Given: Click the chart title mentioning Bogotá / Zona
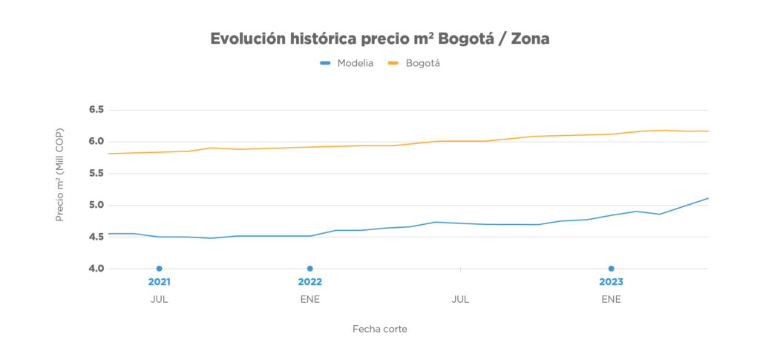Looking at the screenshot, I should pos(380,39).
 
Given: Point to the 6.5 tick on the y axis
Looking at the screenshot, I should pos(96,110).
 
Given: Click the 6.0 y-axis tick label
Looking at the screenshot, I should pos(96,142).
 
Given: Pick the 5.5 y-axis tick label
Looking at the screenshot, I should pos(96,174).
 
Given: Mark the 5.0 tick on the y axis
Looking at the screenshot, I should pos(96,206).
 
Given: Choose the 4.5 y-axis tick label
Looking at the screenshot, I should pos(96,238).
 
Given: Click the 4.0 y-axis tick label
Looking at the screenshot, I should pos(96,269).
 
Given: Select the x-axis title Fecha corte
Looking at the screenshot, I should pos(380,329).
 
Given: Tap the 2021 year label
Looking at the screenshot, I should pos(159,282).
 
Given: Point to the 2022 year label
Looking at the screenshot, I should pos(309,282).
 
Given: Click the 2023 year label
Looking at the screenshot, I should pos(611,282).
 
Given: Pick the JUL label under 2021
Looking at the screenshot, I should pos(159,300).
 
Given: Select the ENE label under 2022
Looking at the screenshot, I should pos(309,300).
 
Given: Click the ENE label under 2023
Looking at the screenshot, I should pos(611,300).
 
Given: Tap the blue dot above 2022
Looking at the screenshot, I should pos(309,269).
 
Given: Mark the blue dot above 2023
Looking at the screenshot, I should pos(611,269).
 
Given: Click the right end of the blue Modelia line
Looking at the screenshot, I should pos(708,198).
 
